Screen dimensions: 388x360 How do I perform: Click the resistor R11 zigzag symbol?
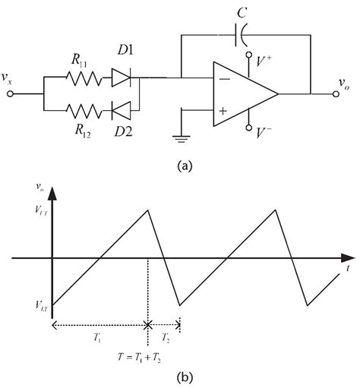[81, 77]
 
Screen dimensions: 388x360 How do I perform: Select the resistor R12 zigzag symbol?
[81, 111]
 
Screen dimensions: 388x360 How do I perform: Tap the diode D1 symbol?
[122, 77]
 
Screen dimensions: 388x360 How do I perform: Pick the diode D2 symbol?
[122, 111]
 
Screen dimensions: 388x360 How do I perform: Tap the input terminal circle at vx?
[10, 94]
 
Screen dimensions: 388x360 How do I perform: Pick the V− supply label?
[266, 132]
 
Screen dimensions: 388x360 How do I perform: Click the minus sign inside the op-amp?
[225, 78]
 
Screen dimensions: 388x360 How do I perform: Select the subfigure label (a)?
[180, 162]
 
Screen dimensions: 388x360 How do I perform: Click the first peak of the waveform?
[145, 210]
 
